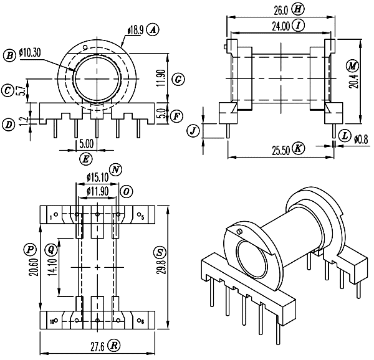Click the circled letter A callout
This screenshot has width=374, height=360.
(x=153, y=30)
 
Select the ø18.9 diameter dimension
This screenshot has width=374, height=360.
(x=135, y=31)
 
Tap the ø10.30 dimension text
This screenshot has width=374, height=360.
(x=30, y=52)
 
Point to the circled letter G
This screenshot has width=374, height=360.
(x=178, y=79)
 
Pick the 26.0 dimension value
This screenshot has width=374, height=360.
(x=281, y=10)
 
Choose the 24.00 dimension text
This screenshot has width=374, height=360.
(x=281, y=26)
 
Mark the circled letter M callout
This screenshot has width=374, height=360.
(x=352, y=66)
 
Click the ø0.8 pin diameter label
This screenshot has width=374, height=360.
(x=361, y=140)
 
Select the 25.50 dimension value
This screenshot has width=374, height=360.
(x=281, y=150)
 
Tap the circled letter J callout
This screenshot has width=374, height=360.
(x=193, y=131)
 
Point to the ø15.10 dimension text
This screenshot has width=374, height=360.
(x=98, y=177)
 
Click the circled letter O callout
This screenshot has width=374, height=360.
(x=127, y=192)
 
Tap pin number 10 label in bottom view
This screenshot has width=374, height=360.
(x=52, y=322)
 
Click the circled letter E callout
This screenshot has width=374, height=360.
(x=86, y=159)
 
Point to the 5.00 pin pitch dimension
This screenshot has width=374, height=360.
(x=87, y=144)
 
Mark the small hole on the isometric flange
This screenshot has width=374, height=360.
(x=239, y=231)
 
